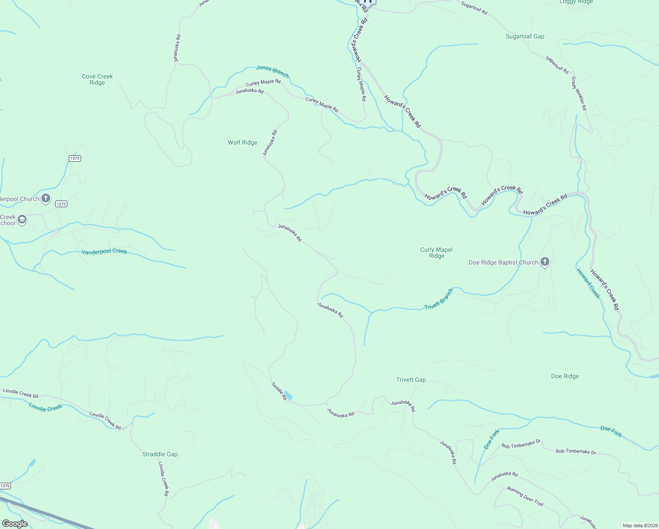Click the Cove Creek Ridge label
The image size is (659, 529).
97,79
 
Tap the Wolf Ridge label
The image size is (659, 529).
242,142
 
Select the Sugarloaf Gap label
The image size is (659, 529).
525,36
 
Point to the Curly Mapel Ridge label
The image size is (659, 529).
436,253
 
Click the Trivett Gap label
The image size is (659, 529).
411,380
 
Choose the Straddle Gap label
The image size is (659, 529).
160,454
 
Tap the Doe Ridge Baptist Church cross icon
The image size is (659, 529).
545,262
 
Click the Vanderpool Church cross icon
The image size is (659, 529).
46,198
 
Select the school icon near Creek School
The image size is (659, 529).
22,220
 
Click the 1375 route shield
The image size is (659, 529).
5,486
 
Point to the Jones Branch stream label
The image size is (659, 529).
272,71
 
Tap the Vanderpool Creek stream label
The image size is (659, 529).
104,251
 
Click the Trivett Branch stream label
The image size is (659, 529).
439,299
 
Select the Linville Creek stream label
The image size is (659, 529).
45,407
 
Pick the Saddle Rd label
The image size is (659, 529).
279,391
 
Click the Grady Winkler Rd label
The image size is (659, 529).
579,93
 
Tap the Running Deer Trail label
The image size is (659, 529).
525,496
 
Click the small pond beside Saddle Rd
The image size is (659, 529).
288,395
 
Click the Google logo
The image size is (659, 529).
15,524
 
